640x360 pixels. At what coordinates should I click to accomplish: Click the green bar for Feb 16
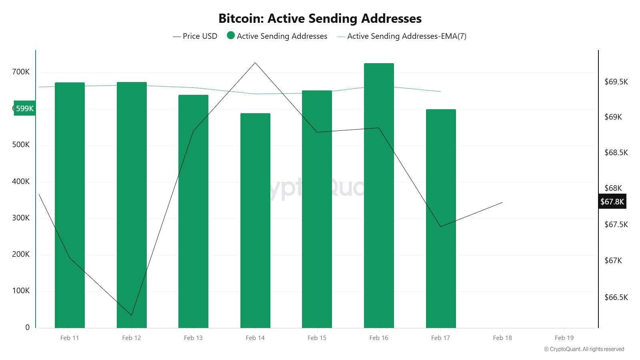(x=379, y=196)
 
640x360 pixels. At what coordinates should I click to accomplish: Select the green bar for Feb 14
(x=255, y=220)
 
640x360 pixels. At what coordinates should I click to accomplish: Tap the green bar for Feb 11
(x=70, y=205)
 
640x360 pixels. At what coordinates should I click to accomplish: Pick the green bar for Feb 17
(x=441, y=218)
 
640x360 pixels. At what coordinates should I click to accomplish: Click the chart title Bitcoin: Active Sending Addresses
(x=320, y=18)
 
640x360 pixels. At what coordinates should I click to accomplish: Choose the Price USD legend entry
(x=195, y=36)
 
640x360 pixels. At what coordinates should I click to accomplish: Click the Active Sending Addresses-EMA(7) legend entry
(x=402, y=36)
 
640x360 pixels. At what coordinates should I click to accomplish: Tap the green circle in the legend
(x=231, y=36)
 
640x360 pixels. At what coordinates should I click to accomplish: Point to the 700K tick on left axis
(x=21, y=72)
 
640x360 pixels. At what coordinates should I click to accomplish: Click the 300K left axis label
(x=21, y=218)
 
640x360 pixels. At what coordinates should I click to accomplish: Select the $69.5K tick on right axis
(x=616, y=82)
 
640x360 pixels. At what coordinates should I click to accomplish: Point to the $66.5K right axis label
(x=616, y=297)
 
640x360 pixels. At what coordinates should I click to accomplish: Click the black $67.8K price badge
(x=612, y=202)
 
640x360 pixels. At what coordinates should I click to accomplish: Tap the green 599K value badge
(x=25, y=108)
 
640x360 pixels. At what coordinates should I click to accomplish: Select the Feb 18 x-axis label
(x=502, y=338)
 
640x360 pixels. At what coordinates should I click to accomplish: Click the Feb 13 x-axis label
(x=193, y=338)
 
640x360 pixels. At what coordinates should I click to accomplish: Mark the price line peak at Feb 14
(x=255, y=63)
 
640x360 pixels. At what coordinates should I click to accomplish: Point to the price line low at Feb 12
(x=132, y=315)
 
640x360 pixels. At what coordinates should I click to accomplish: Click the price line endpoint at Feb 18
(x=502, y=202)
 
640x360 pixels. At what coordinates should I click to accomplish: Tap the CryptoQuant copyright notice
(x=584, y=349)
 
